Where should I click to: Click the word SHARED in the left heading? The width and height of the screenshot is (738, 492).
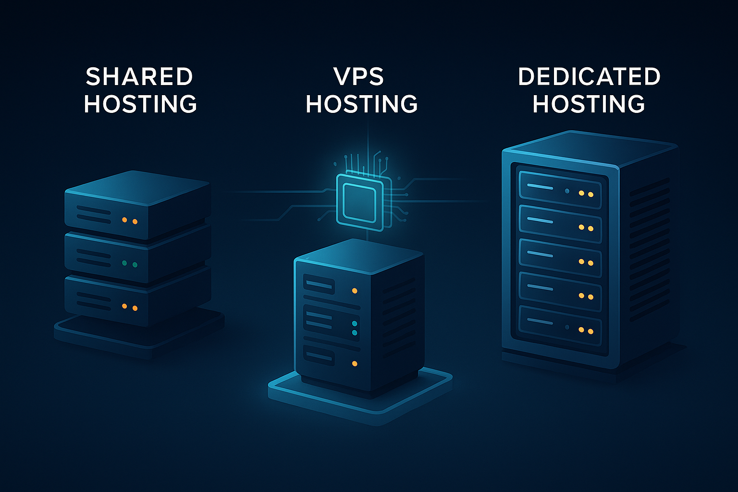(x=139, y=77)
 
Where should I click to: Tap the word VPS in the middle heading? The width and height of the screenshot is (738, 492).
(x=359, y=77)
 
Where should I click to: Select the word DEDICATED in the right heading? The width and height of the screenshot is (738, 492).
(x=589, y=77)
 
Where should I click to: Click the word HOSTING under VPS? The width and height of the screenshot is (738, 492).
(x=361, y=104)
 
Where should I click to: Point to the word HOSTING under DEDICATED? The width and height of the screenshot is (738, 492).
(x=589, y=104)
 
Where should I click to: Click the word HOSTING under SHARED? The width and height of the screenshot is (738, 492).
(x=140, y=104)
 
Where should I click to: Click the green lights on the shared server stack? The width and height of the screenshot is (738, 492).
(x=129, y=264)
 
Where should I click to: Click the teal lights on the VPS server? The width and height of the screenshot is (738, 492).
(x=355, y=328)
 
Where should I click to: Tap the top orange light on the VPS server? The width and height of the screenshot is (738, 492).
(x=355, y=291)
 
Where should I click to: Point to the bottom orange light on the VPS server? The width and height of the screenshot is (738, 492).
(x=355, y=364)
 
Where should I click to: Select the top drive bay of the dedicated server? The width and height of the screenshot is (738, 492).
(x=560, y=189)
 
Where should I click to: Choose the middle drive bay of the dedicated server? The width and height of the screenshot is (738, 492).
(x=560, y=258)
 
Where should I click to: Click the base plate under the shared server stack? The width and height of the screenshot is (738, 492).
(x=139, y=336)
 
